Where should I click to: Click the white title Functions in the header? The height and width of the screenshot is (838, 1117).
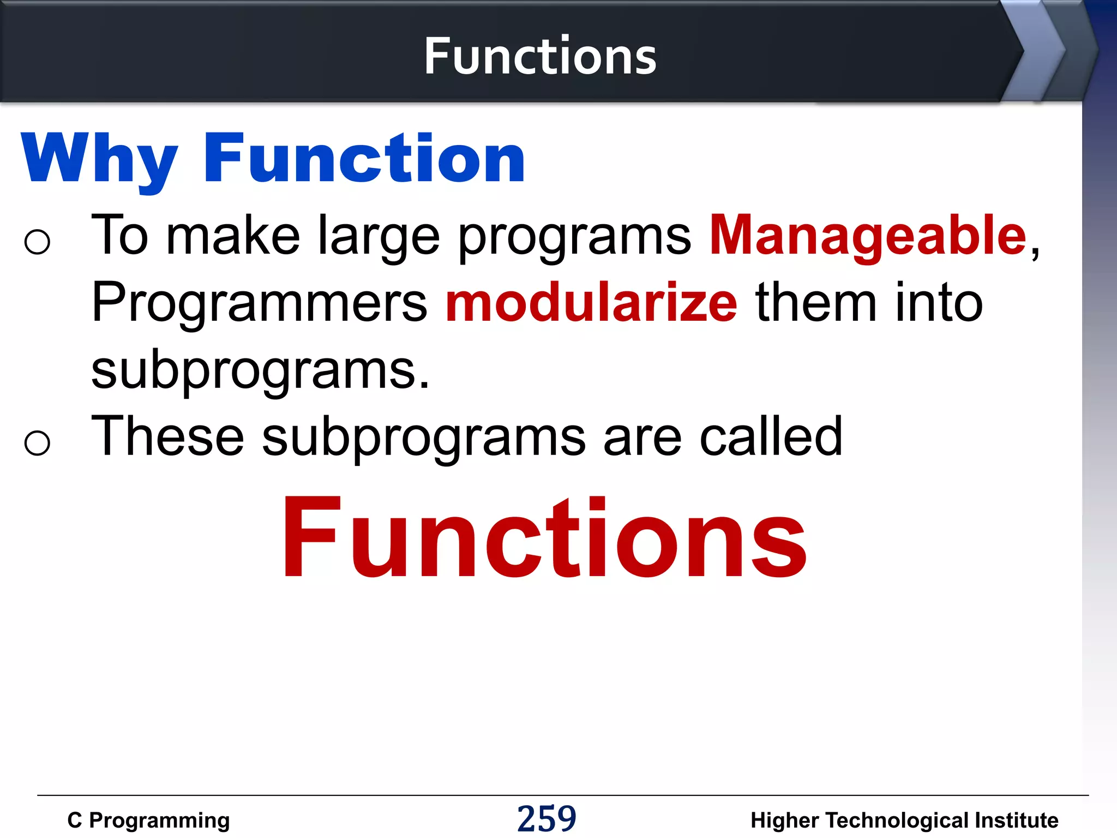(x=540, y=56)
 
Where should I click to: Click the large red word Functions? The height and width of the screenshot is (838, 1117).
(x=543, y=537)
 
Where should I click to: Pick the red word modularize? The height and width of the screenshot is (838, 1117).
(x=591, y=303)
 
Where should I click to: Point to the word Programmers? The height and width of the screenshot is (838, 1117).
(x=260, y=303)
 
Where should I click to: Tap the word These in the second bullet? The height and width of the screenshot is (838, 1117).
(x=167, y=436)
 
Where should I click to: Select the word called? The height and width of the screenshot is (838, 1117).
(x=771, y=436)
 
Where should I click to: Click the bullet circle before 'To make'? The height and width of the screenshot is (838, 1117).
(x=37, y=242)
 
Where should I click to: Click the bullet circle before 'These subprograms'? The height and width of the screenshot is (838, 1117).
(x=37, y=442)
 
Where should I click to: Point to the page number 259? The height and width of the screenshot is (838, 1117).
(x=547, y=818)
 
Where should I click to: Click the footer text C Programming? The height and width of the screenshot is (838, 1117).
(x=148, y=820)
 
